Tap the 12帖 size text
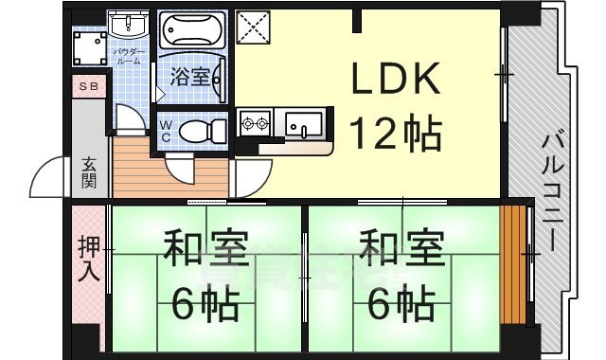tap(397, 134)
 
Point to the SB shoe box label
tap(87, 87)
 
